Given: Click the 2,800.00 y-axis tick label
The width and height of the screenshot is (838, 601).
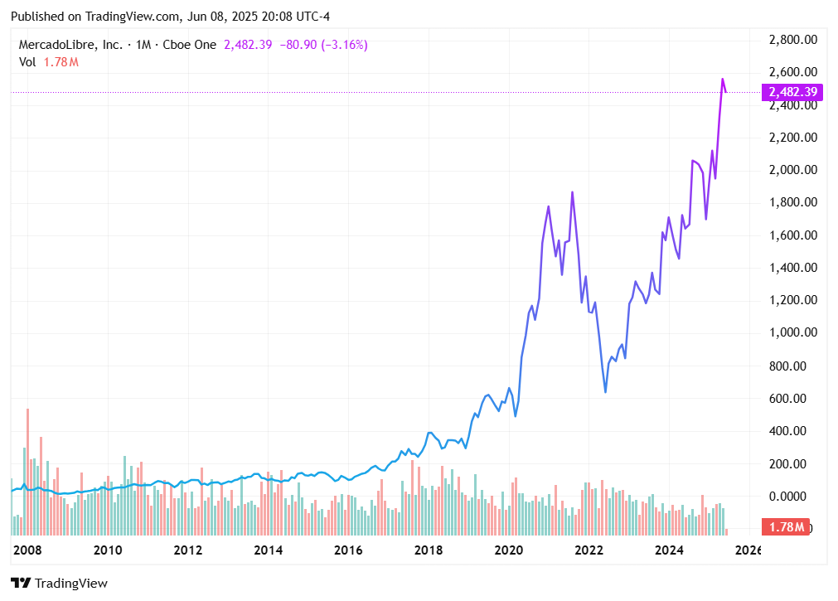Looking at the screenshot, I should pos(793,40).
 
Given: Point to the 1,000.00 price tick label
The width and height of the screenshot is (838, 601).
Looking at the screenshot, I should pos(793,333).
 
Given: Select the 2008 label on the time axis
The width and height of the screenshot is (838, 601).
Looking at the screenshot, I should pos(27,550).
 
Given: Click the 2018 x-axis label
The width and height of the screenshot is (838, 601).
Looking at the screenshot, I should pos(429,550).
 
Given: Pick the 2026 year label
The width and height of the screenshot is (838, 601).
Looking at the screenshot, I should pos(748,550).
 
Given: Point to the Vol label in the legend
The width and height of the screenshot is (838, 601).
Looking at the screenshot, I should pos(27,61).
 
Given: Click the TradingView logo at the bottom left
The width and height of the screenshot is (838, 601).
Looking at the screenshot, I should pos(60,583).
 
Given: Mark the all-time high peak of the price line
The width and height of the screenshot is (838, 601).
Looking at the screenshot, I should pos(722,80).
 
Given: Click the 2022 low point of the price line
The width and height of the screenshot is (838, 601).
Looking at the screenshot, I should pos(605,391).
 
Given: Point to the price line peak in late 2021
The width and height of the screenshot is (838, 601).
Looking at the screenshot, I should pos(572,192).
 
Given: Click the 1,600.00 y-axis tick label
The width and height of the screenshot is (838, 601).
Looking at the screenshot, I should pos(793,235).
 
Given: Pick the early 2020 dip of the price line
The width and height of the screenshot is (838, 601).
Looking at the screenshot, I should pos(516,415).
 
